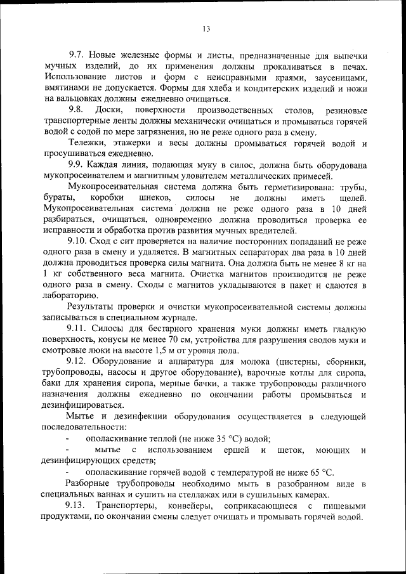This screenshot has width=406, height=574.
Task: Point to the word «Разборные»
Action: pos(92,483)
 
